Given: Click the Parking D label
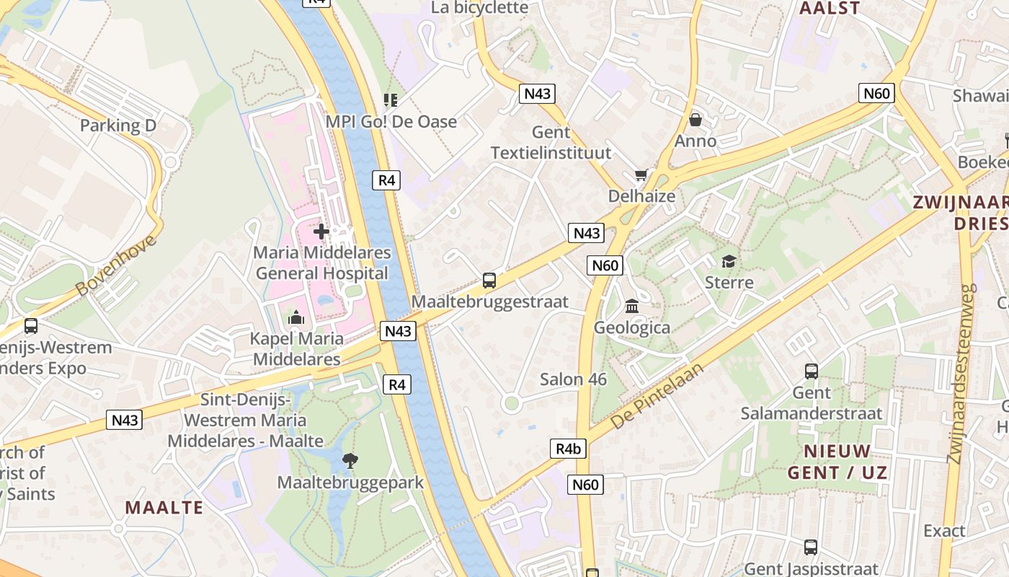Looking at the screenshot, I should click(117, 125).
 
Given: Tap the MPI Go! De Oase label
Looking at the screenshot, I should click(391, 121).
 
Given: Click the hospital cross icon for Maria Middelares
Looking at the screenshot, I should click(321, 232).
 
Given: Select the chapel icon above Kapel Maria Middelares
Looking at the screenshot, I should click(295, 317).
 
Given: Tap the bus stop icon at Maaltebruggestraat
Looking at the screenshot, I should click(489, 280).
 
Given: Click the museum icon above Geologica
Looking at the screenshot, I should click(632, 307).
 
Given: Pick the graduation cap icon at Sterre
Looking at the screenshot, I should click(729, 260).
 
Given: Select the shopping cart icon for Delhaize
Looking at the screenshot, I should click(640, 175).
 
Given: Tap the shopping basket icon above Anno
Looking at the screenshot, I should click(695, 119).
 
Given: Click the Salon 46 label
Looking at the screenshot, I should click(573, 379).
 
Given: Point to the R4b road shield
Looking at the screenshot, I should click(568, 449).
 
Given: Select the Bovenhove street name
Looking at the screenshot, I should click(115, 265).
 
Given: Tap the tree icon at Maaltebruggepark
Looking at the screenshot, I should click(350, 460).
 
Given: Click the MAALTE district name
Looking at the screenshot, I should click(164, 507).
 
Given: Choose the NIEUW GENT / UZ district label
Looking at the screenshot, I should click(837, 462).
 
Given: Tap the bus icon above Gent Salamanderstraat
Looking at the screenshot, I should click(811, 371).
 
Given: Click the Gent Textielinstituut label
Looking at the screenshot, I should click(551, 143).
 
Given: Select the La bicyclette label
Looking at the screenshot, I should click(479, 8).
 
